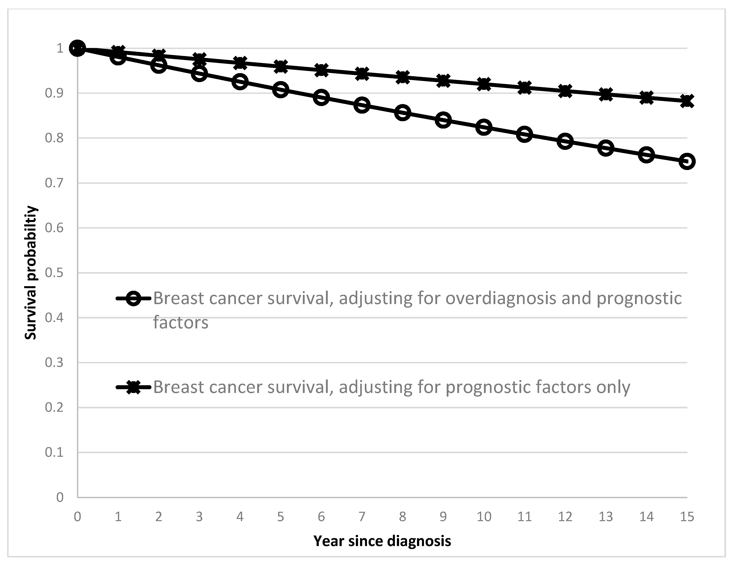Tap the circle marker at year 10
(484, 127)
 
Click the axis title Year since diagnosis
(382, 541)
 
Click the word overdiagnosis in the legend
(501, 298)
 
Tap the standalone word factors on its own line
(181, 323)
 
